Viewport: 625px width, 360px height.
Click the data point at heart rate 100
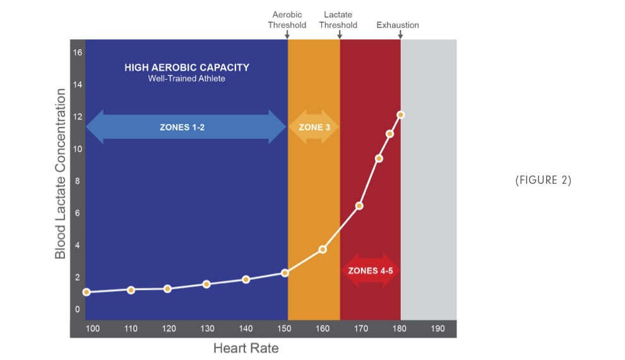tap(86, 292)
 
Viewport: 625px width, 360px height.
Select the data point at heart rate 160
tap(323, 249)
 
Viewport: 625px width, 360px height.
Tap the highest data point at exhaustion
tap(400, 115)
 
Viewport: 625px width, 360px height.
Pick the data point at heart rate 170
tap(359, 206)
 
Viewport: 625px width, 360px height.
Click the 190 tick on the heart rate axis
tap(437, 328)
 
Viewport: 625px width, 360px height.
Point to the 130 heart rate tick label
tap(206, 328)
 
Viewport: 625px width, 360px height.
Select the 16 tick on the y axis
tap(78, 52)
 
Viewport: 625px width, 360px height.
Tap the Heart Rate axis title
tap(246, 348)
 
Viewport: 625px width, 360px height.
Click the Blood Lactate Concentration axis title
tap(61, 174)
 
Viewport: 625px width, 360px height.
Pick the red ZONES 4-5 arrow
tap(371, 270)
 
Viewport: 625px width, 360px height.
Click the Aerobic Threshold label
tap(287, 20)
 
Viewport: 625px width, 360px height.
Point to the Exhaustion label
tap(398, 25)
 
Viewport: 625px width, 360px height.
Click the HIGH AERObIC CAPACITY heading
tap(187, 68)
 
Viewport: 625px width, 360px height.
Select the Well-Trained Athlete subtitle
tap(187, 79)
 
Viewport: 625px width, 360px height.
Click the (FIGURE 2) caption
tap(543, 180)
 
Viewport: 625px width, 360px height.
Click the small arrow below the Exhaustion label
tap(400, 35)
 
